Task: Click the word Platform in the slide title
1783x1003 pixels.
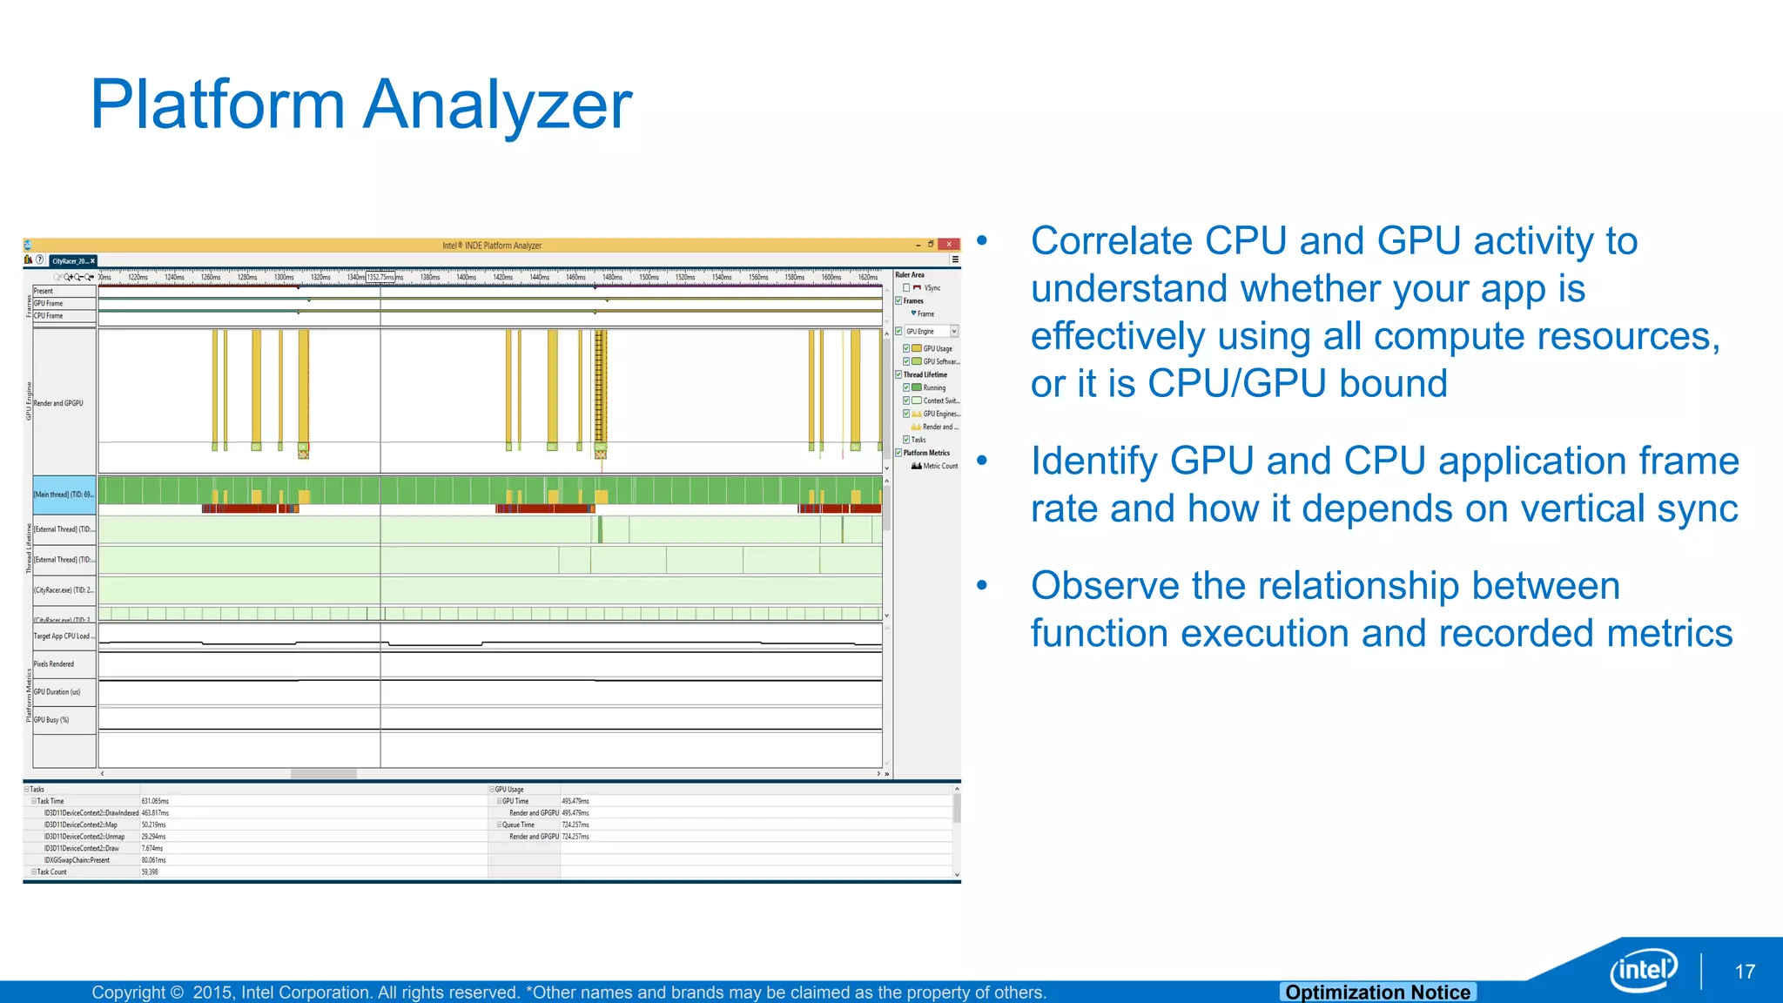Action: pos(218,105)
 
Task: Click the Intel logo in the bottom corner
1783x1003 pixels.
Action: pos(1643,969)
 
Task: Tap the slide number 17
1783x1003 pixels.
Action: pos(1744,972)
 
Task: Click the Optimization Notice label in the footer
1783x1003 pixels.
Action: pos(1377,992)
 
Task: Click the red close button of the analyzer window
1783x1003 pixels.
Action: pos(949,245)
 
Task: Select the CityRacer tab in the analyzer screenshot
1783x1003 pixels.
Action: pos(71,261)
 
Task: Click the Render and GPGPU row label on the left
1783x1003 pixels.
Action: pos(59,403)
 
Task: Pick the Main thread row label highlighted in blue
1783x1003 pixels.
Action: pos(64,495)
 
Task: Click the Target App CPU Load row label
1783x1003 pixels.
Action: pos(64,636)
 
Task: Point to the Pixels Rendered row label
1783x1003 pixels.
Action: pos(54,664)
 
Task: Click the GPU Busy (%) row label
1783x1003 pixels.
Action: pos(51,720)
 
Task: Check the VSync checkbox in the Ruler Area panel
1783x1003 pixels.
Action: pos(906,288)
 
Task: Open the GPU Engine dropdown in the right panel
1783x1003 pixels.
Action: pos(954,332)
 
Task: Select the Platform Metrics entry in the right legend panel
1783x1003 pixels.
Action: pos(926,453)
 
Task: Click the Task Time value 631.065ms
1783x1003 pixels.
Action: pos(155,801)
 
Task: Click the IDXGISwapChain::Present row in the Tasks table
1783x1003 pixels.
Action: pos(77,860)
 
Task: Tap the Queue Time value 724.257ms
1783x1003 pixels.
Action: pos(575,825)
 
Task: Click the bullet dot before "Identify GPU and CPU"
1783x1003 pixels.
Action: pos(982,461)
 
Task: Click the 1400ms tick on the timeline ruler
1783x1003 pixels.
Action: pos(466,278)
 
